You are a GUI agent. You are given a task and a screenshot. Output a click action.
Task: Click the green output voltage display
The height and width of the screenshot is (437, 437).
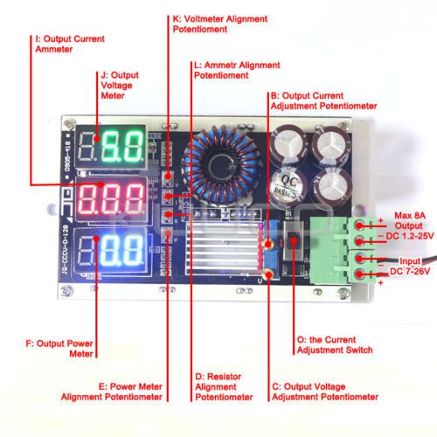(x=111, y=147)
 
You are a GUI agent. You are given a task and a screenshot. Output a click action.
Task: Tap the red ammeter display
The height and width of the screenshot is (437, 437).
(x=111, y=199)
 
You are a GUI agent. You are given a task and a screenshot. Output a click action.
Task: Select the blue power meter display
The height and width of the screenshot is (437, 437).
(x=111, y=251)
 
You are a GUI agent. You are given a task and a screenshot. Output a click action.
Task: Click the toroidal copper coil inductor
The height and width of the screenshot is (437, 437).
(x=221, y=164)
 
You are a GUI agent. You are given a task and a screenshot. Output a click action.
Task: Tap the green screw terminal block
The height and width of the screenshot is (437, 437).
(x=343, y=251)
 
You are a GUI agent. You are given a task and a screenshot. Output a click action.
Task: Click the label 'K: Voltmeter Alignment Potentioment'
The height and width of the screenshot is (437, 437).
(x=220, y=24)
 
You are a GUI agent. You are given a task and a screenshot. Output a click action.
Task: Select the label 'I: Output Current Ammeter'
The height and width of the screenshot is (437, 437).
(x=70, y=44)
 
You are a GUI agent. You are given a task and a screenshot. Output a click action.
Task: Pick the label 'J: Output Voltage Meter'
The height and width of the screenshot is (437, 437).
(x=120, y=86)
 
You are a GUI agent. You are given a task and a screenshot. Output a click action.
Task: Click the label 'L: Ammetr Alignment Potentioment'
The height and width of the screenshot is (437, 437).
(x=237, y=70)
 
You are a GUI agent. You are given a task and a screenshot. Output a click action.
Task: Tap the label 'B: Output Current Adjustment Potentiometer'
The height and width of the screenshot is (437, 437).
(x=323, y=101)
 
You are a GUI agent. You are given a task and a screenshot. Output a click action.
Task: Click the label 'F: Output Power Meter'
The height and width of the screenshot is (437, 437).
(x=59, y=349)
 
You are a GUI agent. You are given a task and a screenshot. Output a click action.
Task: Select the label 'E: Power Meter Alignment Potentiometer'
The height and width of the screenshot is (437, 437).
(x=112, y=392)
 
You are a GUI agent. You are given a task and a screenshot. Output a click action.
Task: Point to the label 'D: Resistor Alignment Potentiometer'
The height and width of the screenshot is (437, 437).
(x=224, y=386)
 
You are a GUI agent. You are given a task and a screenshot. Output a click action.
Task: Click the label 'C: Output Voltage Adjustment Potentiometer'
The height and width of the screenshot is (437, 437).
(x=325, y=392)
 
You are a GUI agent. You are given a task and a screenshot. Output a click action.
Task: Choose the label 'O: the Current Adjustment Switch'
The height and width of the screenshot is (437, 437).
(x=335, y=344)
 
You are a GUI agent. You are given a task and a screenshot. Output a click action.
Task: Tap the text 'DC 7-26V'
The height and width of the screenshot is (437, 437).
(x=410, y=271)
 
